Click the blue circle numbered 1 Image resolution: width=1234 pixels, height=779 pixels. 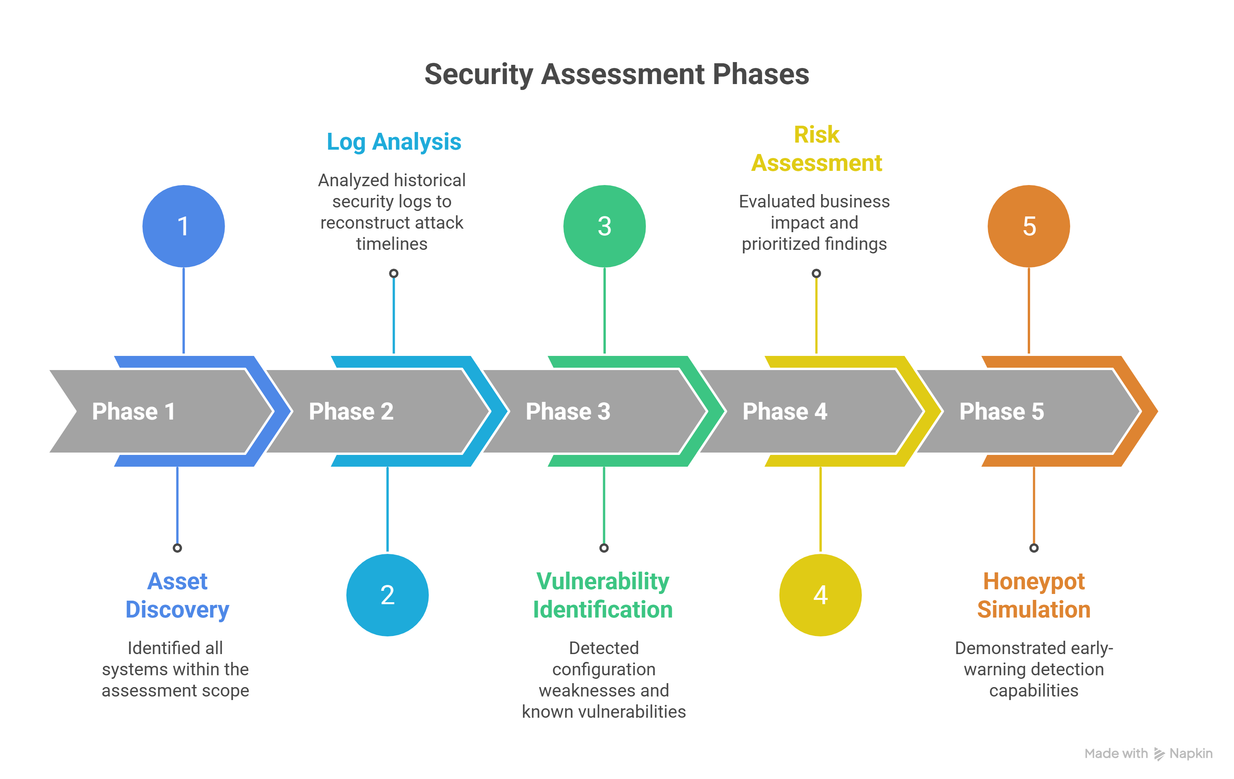183,226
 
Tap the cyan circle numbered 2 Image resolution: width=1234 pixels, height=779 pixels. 387,595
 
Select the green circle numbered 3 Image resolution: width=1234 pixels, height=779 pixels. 604,226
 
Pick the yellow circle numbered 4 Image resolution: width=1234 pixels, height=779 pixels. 820,595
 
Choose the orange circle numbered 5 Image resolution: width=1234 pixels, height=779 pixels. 1029,226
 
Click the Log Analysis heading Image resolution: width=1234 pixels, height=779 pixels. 394,142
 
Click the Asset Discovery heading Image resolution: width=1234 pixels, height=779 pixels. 177,596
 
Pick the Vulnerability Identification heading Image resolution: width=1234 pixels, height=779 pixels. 603,596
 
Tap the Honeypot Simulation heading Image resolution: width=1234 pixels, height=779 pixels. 1034,596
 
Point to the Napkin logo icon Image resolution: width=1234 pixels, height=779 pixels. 1159,754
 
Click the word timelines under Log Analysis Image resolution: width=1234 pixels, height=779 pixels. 392,244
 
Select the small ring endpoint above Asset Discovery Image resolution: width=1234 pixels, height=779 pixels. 177,548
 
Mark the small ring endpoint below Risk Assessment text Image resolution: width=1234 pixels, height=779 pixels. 816,273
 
